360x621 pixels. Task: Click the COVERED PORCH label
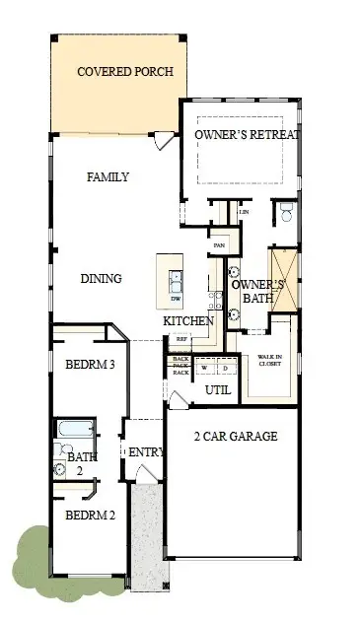click(x=125, y=72)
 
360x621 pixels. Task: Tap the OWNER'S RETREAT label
click(x=247, y=134)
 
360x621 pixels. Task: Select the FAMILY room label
click(x=108, y=177)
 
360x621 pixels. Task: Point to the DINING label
click(x=101, y=279)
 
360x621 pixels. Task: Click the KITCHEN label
click(x=188, y=321)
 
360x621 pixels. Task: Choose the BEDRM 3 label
click(x=91, y=365)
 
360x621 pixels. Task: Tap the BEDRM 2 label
click(x=91, y=516)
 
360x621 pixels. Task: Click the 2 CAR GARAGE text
click(x=235, y=437)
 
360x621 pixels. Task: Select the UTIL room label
click(x=217, y=391)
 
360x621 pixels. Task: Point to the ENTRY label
click(x=144, y=451)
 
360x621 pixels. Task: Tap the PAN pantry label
click(x=219, y=245)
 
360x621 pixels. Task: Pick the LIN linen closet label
click(x=243, y=211)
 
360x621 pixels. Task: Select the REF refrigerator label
click(x=180, y=339)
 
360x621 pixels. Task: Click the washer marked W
click(x=205, y=368)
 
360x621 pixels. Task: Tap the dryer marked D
click(x=224, y=368)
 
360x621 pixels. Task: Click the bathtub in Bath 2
click(x=75, y=430)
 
